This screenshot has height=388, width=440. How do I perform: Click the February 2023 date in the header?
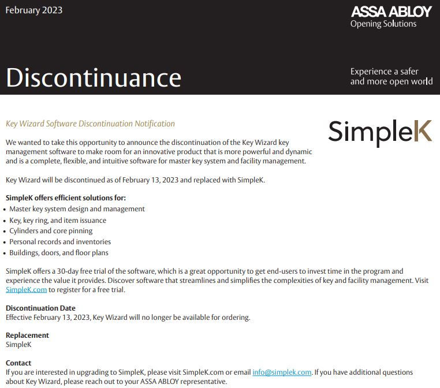pos(34,10)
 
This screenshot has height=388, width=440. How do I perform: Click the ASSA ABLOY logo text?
pos(391,12)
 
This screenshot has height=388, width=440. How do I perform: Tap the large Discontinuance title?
pos(94,77)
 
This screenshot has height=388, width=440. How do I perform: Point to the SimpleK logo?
pos(379,131)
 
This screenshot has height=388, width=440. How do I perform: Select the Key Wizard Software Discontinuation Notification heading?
pos(90,124)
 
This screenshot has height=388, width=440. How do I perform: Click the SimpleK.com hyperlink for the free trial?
pos(26,289)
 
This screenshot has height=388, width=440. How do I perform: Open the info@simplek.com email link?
pos(282,372)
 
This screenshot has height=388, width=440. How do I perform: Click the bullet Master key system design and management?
pos(77,209)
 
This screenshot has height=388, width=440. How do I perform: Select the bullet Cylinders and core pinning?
pos(51,231)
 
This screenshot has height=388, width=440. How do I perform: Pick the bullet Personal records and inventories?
pos(60,242)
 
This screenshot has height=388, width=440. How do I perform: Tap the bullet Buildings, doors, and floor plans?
pos(59,253)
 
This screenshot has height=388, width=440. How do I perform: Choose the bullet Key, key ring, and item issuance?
pos(58,220)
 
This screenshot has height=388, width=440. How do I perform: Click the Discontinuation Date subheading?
pos(40,308)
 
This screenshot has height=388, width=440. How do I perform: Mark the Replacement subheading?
pos(27,335)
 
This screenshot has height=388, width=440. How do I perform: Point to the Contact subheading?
pos(18,363)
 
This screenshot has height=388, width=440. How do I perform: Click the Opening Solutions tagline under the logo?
pos(383,24)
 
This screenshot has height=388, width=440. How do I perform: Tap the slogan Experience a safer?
pos(384,72)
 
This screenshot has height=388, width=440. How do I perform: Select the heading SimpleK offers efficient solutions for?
pos(65,198)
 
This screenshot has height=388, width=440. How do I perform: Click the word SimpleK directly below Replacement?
pos(18,345)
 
